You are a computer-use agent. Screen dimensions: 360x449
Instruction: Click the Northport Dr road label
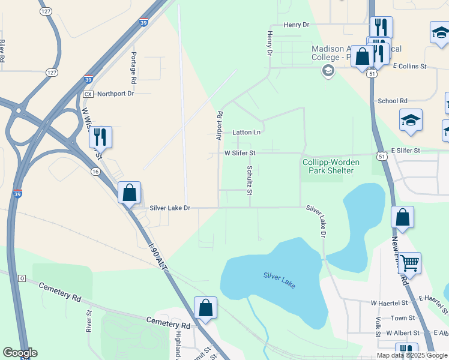pyautogui.click(x=115, y=94)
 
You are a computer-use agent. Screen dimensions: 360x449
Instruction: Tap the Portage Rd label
pyautogui.click(x=134, y=67)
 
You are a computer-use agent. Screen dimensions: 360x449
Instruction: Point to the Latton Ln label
pyautogui.click(x=247, y=132)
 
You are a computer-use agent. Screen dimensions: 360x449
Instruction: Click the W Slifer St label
pyautogui.click(x=240, y=153)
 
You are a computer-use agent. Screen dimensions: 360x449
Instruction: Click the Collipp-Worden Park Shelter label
pyautogui.click(x=328, y=166)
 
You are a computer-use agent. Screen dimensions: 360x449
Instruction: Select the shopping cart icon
pyautogui.click(x=409, y=263)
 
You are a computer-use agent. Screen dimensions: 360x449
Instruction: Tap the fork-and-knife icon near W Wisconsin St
pyautogui.click(x=100, y=137)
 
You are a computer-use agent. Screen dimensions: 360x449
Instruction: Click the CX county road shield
pyautogui.click(x=88, y=94)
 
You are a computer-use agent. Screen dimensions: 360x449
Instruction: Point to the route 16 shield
pyautogui.click(x=95, y=172)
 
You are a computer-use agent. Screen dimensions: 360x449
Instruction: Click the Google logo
pyautogui.click(x=20, y=353)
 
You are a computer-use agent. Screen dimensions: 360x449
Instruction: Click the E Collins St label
pyautogui.click(x=409, y=66)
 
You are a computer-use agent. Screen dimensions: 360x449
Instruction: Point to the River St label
pyautogui.click(x=88, y=321)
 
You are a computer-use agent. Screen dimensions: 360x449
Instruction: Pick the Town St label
pyautogui.click(x=403, y=318)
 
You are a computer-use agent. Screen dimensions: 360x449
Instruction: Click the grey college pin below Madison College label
pyautogui.click(x=328, y=72)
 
